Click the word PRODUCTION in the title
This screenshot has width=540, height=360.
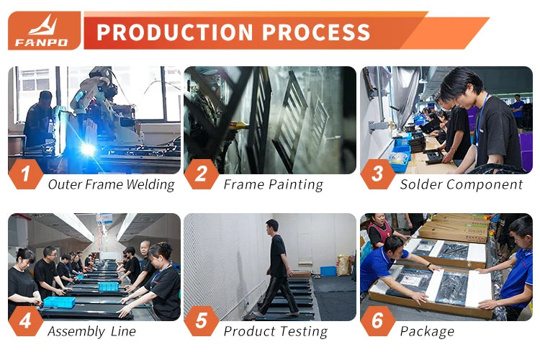(175, 32)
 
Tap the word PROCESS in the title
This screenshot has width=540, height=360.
(316, 32)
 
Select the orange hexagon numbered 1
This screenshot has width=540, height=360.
(25, 174)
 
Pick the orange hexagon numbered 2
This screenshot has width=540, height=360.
(202, 174)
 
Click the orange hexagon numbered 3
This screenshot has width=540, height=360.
(377, 174)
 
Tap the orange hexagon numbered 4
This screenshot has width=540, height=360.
(25, 321)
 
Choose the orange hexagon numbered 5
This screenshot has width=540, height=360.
(202, 321)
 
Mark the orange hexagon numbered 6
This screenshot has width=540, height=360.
(377, 321)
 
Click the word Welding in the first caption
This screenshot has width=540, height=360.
(150, 185)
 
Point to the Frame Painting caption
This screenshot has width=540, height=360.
(274, 185)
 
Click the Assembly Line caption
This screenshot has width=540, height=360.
(92, 332)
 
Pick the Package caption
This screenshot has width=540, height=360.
(427, 332)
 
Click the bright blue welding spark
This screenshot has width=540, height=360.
(87, 149)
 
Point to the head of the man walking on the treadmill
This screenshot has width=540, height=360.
(272, 225)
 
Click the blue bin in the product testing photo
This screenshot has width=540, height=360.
(328, 271)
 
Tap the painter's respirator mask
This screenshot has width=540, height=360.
(214, 84)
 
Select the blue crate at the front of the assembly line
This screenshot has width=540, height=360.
(59, 302)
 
